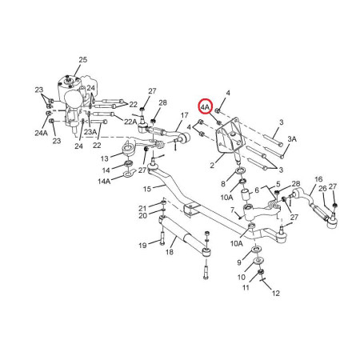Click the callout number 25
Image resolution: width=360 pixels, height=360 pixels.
[x=82, y=60]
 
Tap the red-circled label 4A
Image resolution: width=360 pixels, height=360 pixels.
[x=206, y=106]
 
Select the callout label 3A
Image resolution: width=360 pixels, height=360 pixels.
[x=292, y=138]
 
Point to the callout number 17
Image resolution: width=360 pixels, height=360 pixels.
[x=184, y=115]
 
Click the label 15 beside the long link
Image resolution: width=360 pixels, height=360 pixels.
[x=146, y=189]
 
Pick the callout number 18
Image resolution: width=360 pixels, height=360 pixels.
[x=169, y=252]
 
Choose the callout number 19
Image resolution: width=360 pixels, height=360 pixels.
[x=142, y=245]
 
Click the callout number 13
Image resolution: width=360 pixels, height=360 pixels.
[x=105, y=159]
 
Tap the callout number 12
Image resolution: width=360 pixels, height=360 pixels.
[x=276, y=294]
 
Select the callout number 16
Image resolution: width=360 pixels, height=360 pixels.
[x=318, y=179]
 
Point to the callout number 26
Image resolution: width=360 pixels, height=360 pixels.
[x=322, y=189]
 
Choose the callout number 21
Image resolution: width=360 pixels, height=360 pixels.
[x=142, y=208]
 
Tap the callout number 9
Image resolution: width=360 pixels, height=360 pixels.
[x=238, y=262]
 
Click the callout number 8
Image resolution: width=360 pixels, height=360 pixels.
[x=224, y=183]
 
